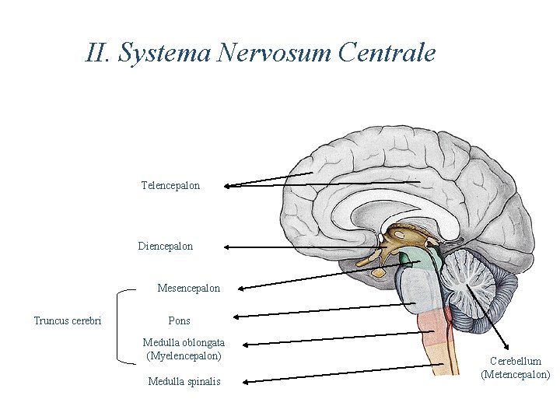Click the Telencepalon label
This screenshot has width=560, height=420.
point(170,186)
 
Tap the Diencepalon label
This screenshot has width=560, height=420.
point(166,247)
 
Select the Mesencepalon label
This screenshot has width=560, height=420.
point(188,289)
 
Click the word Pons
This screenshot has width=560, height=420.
point(179,320)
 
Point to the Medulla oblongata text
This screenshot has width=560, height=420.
point(184,342)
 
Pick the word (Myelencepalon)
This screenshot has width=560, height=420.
point(184,356)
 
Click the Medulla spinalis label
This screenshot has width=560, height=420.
point(184,381)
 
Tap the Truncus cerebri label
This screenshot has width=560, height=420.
point(68,320)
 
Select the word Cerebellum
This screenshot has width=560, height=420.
point(516,361)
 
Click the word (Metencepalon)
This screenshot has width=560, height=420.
point(516,375)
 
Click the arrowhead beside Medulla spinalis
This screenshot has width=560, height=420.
point(244,381)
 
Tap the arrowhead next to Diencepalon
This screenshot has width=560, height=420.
point(226,247)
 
